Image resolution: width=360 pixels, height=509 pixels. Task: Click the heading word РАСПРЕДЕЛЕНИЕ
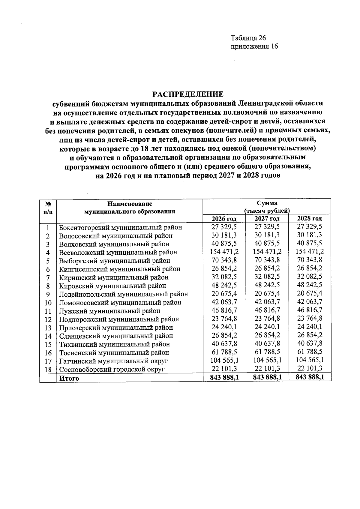coord(188,94)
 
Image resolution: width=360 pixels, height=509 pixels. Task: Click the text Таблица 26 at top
coord(248,38)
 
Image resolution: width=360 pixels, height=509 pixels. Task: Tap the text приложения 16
coord(254,46)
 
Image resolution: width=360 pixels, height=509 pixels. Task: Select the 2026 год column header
coord(224,219)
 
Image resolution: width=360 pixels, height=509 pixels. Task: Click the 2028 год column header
coord(310,219)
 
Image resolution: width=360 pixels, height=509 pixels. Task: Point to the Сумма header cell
coord(267,203)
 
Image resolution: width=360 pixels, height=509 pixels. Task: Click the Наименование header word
coord(130,204)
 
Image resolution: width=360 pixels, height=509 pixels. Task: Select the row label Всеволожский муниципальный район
coord(118,253)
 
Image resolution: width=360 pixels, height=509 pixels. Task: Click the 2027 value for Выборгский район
coord(267,260)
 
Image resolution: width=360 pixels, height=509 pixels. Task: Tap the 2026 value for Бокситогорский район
coord(224,227)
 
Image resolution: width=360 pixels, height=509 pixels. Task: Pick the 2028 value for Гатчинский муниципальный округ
coord(310,360)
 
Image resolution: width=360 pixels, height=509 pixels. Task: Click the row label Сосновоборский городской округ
coord(112,370)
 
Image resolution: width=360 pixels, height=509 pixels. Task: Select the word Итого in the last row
coord(69,378)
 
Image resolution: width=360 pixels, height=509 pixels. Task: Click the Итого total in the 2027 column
coord(267,377)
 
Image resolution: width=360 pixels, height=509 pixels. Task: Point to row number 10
coord(48,303)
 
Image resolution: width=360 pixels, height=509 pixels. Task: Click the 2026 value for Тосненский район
coord(224,352)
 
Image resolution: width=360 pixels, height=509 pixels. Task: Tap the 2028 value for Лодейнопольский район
coord(310,293)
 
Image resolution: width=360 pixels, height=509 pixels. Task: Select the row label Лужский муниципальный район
coord(109,311)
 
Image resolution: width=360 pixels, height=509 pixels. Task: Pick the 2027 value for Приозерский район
coord(267,327)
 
